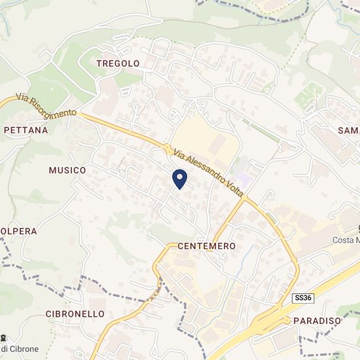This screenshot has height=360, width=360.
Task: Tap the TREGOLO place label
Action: click(118, 63)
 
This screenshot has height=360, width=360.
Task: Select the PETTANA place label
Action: click(26, 130)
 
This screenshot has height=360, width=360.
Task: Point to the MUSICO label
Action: click(67, 170)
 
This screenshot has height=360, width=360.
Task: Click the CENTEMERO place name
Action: click(206, 246)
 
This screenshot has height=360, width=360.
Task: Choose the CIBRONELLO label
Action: click(75, 314)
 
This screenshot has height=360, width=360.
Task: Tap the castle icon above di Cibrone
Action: click(5, 337)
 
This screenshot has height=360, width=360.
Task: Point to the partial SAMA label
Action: click(348, 130)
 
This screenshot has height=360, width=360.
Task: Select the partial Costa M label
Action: click(346, 241)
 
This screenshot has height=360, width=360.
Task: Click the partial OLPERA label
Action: click(18, 231)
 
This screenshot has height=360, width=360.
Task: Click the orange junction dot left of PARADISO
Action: click(287, 319)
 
